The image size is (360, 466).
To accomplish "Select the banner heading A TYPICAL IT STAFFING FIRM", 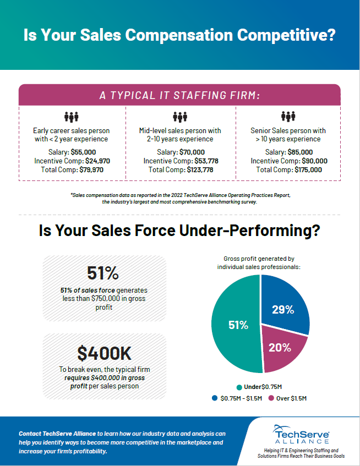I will point(179,95).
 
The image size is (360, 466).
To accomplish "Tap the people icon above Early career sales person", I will point(72,117).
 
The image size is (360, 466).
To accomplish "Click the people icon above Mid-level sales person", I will point(180,117).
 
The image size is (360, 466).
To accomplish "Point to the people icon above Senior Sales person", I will point(288,117).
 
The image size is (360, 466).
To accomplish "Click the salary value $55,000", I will point(83,152).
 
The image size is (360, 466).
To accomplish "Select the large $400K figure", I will point(105,350).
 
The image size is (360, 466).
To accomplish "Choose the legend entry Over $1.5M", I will point(287,398).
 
